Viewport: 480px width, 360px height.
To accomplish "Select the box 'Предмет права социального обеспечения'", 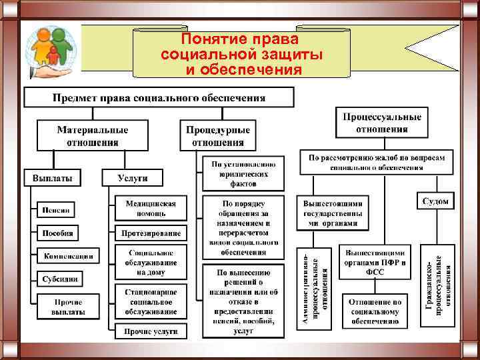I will coord(159,97).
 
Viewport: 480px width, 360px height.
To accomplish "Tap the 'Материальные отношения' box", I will coord(93,135).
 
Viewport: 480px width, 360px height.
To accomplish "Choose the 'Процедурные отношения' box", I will coord(218,135).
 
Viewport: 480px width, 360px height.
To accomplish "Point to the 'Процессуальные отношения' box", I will coord(382,123).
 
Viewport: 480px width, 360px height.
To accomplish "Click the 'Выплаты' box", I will coord(53,178).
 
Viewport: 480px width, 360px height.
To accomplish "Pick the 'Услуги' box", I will coord(132,178).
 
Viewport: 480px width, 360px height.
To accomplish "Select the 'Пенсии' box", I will coord(56,209).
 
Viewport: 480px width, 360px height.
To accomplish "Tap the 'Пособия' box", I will coord(57,233).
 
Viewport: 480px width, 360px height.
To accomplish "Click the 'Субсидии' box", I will coord(60,279).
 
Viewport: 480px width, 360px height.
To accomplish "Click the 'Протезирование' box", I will coord(151,233).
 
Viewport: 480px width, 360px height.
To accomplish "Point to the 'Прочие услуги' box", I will coord(151,331).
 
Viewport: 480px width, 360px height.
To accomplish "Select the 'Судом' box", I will coord(436,200).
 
